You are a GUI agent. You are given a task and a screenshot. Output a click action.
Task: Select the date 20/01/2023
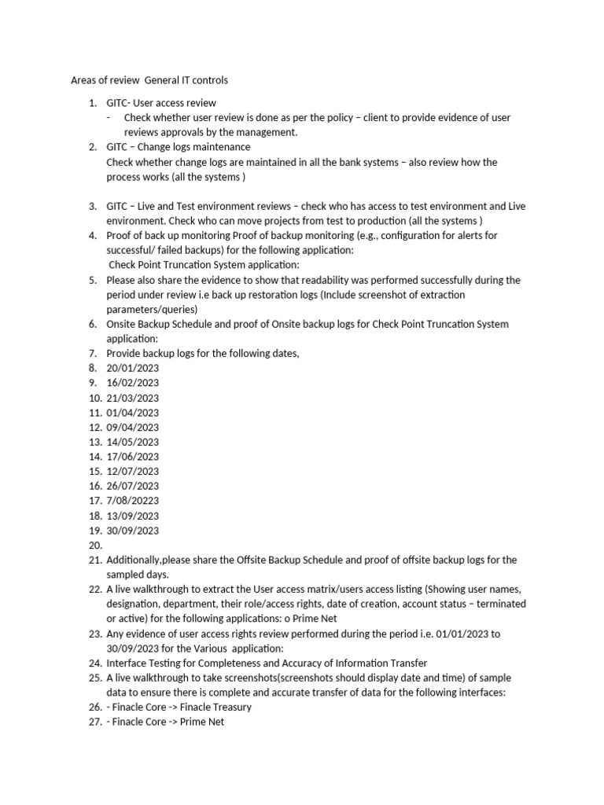[x=133, y=368]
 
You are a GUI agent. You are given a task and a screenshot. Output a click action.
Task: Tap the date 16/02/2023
[x=133, y=383]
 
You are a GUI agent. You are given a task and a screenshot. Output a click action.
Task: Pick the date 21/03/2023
[x=133, y=398]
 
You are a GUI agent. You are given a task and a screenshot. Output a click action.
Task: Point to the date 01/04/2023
[x=133, y=413]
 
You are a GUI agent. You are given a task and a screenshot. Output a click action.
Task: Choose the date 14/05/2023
[x=133, y=442]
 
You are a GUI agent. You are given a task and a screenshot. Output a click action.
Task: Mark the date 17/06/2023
[x=133, y=457]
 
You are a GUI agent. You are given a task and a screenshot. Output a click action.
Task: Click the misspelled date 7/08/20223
[x=133, y=501]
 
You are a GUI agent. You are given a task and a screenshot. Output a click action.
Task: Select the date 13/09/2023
[x=133, y=516]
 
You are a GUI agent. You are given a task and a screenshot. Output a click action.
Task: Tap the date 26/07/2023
[x=133, y=486]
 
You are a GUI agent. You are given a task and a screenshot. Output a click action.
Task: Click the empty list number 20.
[x=95, y=546]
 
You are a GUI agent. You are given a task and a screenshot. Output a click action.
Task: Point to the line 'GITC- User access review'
[x=161, y=103]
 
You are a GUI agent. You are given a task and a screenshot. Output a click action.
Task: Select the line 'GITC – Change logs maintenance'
[x=179, y=147]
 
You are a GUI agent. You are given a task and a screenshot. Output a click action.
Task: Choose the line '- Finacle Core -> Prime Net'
[x=165, y=722]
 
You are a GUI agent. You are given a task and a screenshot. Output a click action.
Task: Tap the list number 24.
[x=95, y=663]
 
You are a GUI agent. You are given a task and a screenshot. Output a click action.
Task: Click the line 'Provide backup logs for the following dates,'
[x=203, y=354]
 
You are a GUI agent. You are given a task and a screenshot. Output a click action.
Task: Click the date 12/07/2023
[x=133, y=472]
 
